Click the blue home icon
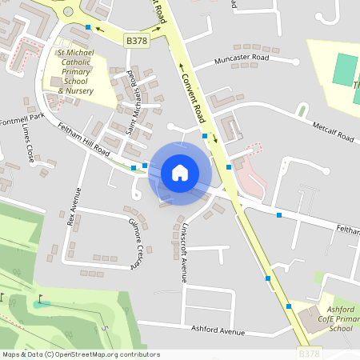click(x=180, y=172)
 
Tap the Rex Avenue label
click(x=74, y=206)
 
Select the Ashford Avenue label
click(x=218, y=329)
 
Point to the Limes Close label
click(x=28, y=143)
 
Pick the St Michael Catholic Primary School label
click(x=77, y=75)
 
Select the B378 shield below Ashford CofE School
click(x=310, y=353)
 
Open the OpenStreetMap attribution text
click(x=80, y=354)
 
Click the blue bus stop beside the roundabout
click(x=88, y=27)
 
